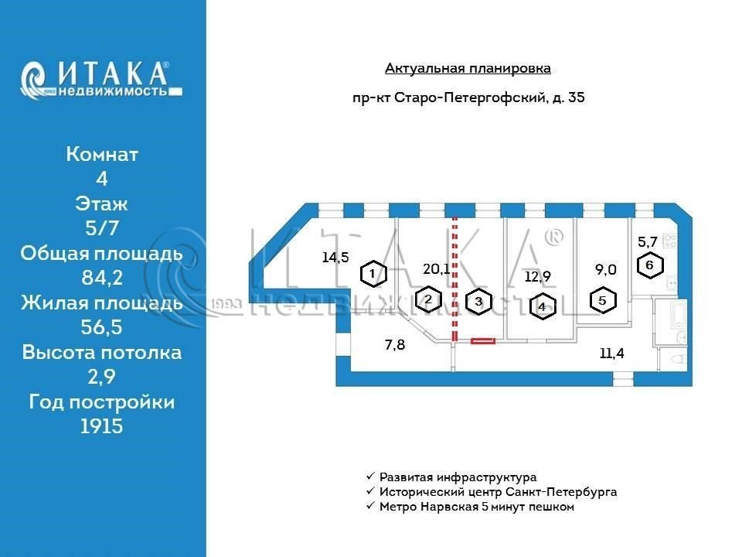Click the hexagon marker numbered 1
pyautogui.click(x=373, y=273)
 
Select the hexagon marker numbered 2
pyautogui.click(x=428, y=299)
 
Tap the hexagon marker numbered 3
pyautogui.click(x=479, y=301)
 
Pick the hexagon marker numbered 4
pyautogui.click(x=543, y=306)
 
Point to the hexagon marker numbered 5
pyautogui.click(x=602, y=300)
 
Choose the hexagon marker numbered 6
pyautogui.click(x=650, y=265)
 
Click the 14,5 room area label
pyautogui.click(x=335, y=257)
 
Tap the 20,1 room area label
pyautogui.click(x=436, y=269)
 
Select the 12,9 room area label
pyautogui.click(x=538, y=276)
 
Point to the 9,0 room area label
pyautogui.click(x=606, y=269)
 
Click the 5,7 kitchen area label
pyautogui.click(x=648, y=242)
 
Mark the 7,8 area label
pyautogui.click(x=395, y=344)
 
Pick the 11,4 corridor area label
pyautogui.click(x=612, y=353)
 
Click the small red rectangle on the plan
pyautogui.click(x=483, y=340)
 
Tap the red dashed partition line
pyautogui.click(x=454, y=279)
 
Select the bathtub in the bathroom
pyautogui.click(x=678, y=316)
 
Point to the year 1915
pyautogui.click(x=102, y=425)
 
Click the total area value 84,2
pyautogui.click(x=102, y=277)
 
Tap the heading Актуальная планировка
pyautogui.click(x=468, y=69)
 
